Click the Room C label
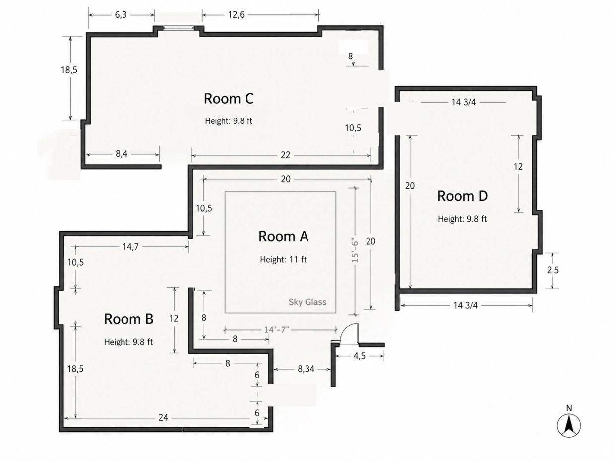(229, 99)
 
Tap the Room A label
(283, 237)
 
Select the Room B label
(128, 319)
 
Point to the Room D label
(462, 196)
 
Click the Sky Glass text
(307, 302)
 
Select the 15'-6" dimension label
(355, 250)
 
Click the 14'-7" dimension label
(277, 330)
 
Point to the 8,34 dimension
(306, 369)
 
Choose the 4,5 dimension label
(359, 356)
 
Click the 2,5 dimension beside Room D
(553, 270)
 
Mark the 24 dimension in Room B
(163, 418)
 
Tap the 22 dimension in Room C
(285, 155)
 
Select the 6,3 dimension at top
(121, 15)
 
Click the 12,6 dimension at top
(236, 15)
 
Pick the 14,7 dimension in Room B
(130, 246)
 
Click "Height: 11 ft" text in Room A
(283, 259)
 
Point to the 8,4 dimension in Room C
(122, 154)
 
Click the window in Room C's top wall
(179, 28)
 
